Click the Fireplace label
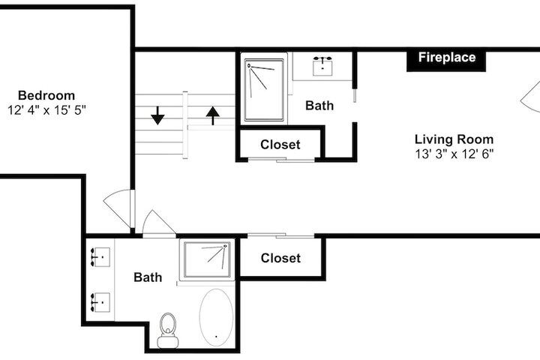click(447, 57)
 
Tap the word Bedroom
click(46, 95)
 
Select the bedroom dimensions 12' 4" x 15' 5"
click(46, 110)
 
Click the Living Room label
click(454, 139)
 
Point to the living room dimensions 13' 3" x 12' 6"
click(454, 154)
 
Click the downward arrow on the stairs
click(157, 115)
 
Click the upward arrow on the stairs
click(213, 115)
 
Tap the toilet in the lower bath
click(168, 330)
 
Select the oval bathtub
click(216, 317)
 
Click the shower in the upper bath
click(264, 90)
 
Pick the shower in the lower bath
click(207, 259)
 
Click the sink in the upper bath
click(322, 66)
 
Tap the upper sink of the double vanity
click(100, 257)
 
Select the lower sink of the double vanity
click(100, 302)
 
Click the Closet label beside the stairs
click(280, 145)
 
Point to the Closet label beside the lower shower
click(280, 258)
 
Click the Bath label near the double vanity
click(148, 277)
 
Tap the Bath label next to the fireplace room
click(319, 106)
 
